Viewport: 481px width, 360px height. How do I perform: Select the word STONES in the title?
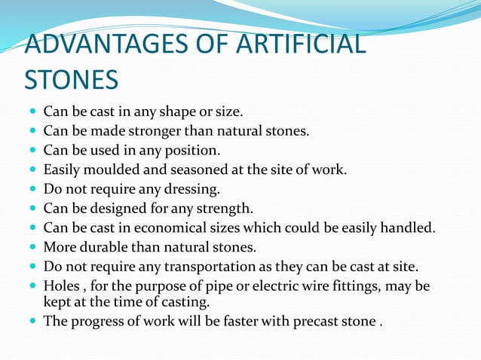tap(72, 79)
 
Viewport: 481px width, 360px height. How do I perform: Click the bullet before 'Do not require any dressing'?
tap(32, 188)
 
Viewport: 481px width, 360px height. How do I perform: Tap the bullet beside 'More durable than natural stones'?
tap(32, 246)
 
